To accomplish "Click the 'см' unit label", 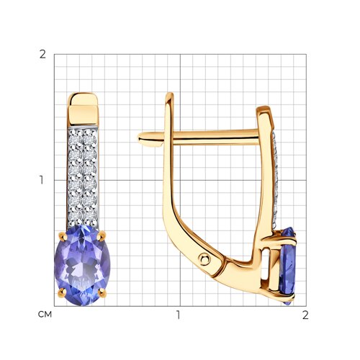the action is click(x=45, y=314).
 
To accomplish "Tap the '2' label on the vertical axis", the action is click(x=42, y=55).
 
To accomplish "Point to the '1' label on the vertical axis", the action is click(x=42, y=180).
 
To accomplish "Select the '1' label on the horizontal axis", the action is click(x=178, y=315).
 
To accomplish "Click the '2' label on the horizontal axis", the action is click(x=305, y=315).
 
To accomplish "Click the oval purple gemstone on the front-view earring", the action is click(x=82, y=265).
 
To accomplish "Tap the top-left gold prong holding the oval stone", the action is click(x=63, y=237).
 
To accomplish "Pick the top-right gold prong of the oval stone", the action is click(x=102, y=235).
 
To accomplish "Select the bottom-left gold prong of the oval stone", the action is click(x=62, y=292).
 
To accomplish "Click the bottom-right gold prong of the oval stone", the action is click(x=102, y=292).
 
